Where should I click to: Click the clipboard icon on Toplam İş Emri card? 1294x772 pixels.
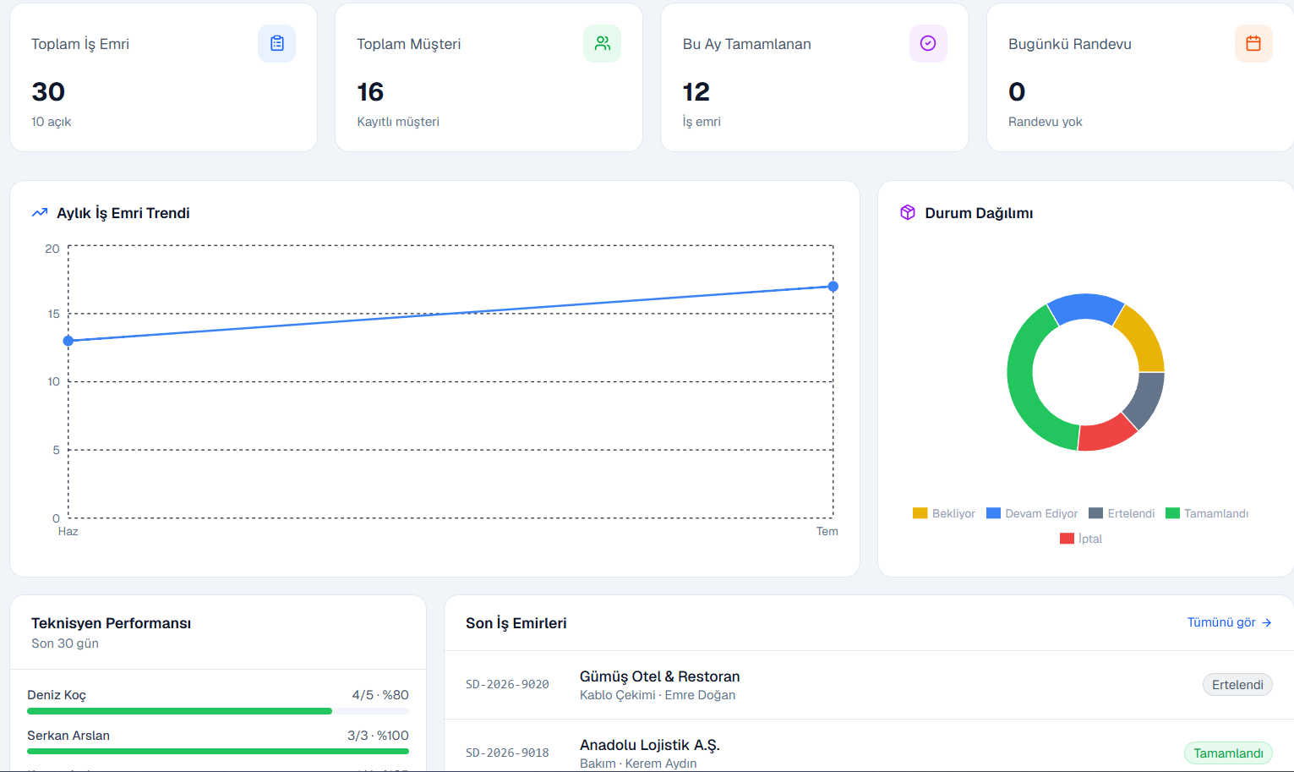tap(276, 43)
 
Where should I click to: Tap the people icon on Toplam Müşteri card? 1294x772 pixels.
tap(602, 43)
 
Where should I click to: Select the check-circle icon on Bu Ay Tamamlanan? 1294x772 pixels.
tap(928, 43)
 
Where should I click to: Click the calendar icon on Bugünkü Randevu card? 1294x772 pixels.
tap(1253, 43)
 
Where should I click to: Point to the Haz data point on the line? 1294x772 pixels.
tap(68, 341)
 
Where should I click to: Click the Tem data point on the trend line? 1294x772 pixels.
tap(833, 286)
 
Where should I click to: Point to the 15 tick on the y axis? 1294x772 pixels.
tap(54, 314)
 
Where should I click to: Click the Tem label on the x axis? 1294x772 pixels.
tap(827, 531)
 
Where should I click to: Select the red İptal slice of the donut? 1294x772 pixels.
tap(1106, 434)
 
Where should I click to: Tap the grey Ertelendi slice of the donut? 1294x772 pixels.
tap(1145, 399)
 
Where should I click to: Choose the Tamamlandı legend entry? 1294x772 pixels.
tap(1207, 513)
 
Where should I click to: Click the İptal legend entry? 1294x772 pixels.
tap(1081, 539)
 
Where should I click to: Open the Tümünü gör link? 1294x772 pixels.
tap(1229, 622)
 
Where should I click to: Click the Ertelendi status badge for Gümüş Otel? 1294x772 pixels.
tap(1237, 685)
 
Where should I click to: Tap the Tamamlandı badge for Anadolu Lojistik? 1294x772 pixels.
tap(1228, 753)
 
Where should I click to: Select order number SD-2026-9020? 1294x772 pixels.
tap(507, 684)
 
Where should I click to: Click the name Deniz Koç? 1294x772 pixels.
tap(57, 694)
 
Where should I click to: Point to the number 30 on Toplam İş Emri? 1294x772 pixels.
tap(48, 92)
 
